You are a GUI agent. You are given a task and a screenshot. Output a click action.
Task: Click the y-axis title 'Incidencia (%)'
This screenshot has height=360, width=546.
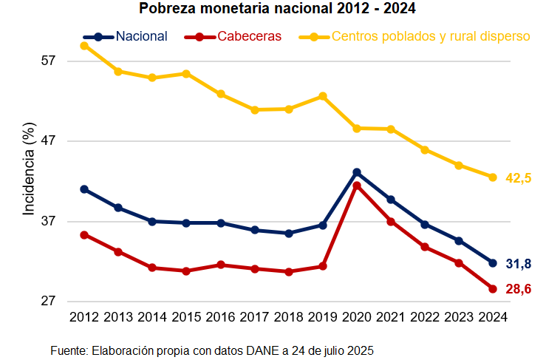29,171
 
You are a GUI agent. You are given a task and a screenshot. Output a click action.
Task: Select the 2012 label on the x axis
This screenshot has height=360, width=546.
84,317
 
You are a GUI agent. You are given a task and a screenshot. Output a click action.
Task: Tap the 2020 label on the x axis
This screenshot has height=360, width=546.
357,317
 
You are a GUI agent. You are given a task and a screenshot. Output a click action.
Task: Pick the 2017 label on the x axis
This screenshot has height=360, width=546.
255,317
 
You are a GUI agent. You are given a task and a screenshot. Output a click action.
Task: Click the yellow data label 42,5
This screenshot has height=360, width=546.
519,178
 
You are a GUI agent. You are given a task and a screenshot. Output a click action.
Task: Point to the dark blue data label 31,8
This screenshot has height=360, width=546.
519,264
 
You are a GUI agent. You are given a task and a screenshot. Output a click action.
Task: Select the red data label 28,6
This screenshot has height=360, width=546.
519,290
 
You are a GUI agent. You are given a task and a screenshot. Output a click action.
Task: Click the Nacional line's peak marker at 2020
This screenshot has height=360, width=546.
357,172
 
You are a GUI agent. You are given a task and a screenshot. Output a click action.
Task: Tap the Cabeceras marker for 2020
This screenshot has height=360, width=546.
357,186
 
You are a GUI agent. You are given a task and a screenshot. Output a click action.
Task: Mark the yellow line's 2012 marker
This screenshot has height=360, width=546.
84,46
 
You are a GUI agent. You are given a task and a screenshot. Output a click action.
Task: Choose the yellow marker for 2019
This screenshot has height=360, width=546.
323,96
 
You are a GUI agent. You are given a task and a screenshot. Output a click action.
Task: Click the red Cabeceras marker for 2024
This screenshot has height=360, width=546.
493,289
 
